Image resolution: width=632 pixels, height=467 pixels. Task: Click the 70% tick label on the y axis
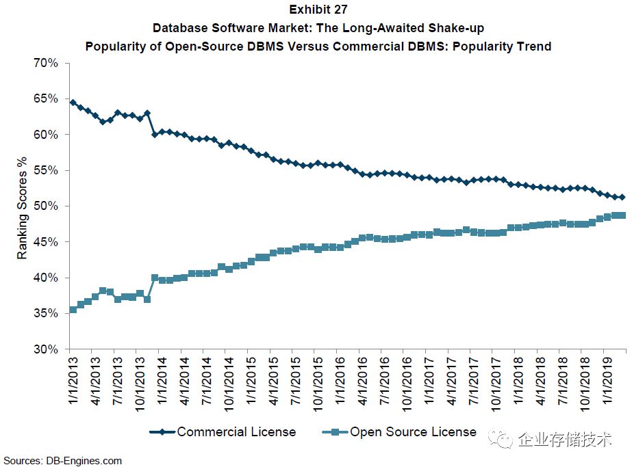tap(46, 63)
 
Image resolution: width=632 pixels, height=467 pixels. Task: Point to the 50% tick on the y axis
tap(46, 206)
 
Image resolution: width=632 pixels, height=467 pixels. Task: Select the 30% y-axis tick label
tap(46, 349)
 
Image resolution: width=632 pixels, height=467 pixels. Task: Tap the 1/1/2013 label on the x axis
tap(73, 379)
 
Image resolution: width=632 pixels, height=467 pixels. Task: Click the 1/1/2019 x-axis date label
tap(606, 379)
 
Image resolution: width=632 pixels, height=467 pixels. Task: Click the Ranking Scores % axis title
tap(23, 206)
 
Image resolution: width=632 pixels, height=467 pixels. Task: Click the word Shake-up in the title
tap(453, 28)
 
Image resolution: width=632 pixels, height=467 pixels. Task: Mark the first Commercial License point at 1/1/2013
tap(73, 103)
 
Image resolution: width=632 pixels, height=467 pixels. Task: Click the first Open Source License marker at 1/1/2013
tap(73, 310)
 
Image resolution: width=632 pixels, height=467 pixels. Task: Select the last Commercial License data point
tap(622, 197)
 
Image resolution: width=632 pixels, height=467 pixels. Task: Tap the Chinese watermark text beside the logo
tap(566, 439)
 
